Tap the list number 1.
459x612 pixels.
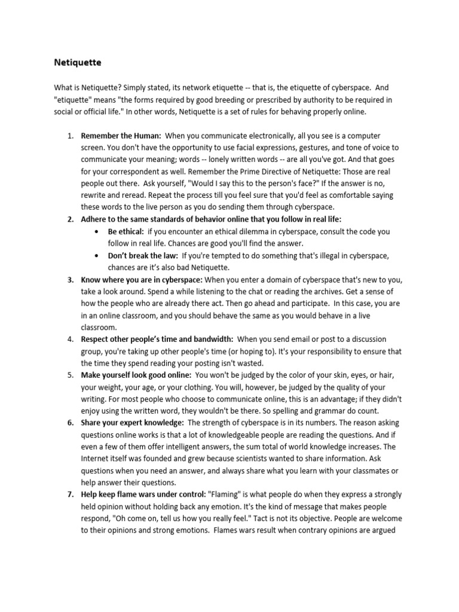[x=69, y=136]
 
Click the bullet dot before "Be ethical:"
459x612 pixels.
[x=97, y=231]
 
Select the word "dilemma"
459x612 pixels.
[x=262, y=231]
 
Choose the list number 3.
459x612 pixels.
[x=69, y=280]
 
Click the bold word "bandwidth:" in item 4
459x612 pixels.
[x=212, y=339]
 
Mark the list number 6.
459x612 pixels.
[x=69, y=423]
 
